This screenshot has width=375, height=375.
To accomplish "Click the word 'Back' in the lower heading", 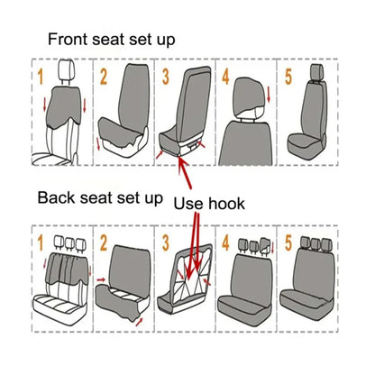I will point(55,197).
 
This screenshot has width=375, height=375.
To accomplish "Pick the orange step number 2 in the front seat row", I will point(104,76).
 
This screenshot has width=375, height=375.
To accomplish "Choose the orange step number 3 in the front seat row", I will point(167,75).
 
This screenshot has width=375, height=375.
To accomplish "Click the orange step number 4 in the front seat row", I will point(227,75).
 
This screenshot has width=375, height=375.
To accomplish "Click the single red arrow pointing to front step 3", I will point(184,170).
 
